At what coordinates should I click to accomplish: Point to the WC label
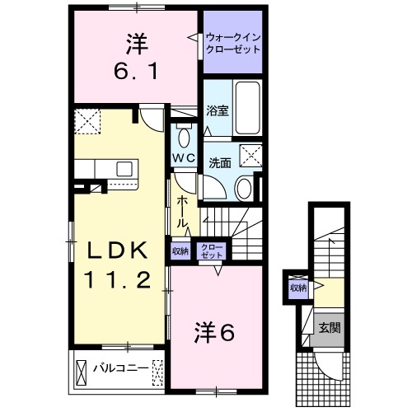[x=183, y=157]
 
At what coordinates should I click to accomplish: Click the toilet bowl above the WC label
[x=184, y=136]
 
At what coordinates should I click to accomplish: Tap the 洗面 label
[x=218, y=162]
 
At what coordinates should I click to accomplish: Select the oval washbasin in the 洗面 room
[x=246, y=187]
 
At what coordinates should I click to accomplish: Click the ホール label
[x=181, y=212]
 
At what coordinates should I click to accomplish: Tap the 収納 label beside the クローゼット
[x=180, y=251]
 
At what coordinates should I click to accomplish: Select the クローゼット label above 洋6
[x=213, y=251]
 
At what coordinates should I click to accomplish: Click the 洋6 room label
[x=215, y=333]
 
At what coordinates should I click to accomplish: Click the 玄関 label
[x=330, y=327]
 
